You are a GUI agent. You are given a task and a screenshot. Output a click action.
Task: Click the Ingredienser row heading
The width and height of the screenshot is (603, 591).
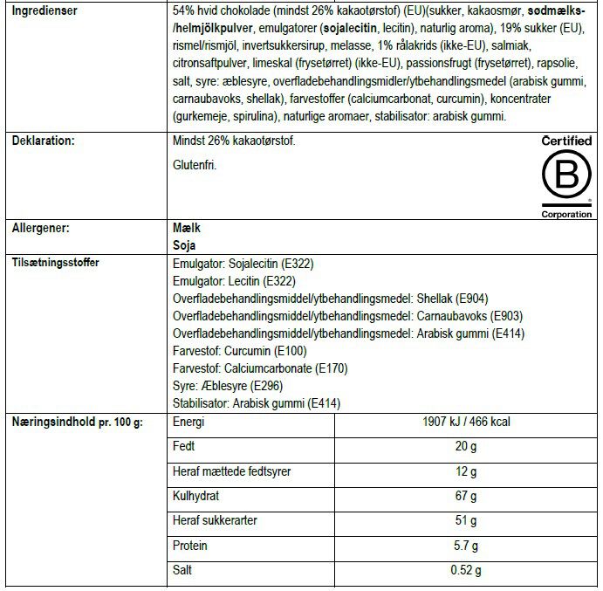pos(45,11)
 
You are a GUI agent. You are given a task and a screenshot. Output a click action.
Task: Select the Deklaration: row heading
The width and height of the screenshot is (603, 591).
pos(43,141)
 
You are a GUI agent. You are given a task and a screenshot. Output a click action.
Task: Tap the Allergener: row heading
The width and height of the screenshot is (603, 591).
pos(40,227)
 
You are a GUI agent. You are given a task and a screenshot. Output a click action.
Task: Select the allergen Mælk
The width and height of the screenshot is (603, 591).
pos(188,227)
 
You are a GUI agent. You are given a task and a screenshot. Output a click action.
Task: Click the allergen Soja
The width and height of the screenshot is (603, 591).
pos(185,244)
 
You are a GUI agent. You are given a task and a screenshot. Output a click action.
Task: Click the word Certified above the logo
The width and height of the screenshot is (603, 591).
pos(566,141)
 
